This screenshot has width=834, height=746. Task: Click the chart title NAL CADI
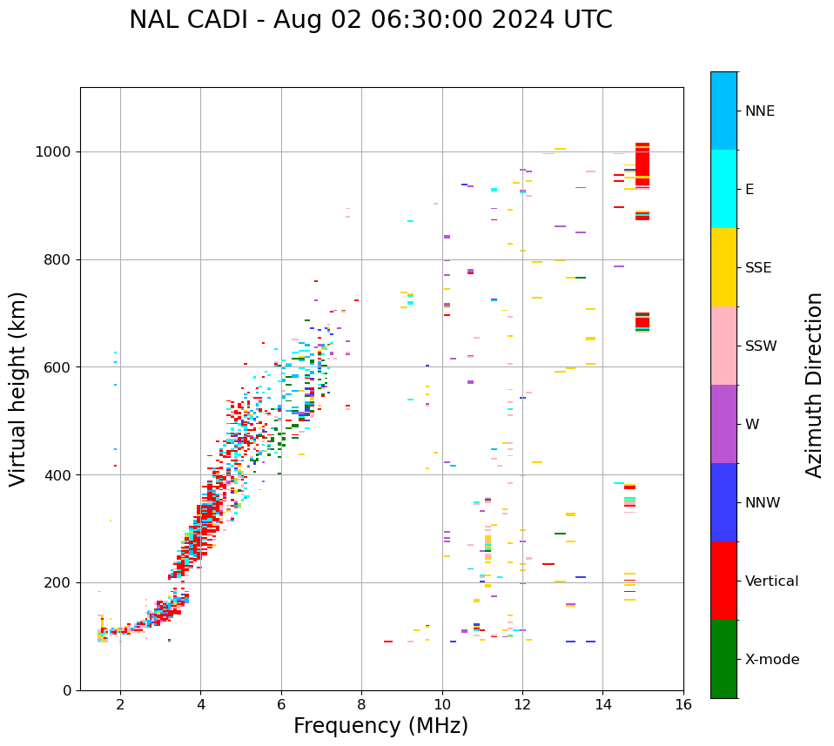click(370, 20)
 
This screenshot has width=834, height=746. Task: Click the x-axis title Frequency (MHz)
click(380, 726)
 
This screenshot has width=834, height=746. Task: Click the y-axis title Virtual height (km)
click(18, 388)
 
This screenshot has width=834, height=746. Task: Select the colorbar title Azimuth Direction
click(814, 385)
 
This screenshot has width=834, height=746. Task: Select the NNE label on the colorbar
click(759, 111)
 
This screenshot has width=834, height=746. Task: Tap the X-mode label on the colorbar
click(772, 660)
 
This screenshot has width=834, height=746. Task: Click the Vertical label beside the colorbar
click(771, 581)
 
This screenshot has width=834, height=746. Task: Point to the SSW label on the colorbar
click(761, 346)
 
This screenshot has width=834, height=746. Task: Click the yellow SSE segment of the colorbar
click(723, 267)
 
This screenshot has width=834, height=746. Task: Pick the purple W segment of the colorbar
click(723, 424)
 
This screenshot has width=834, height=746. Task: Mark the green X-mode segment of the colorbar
click(723, 659)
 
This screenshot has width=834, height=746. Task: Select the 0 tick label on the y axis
click(67, 690)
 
